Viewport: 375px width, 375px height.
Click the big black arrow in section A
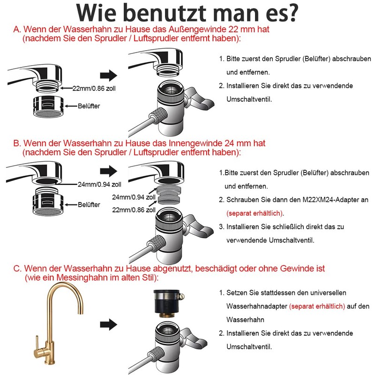108,75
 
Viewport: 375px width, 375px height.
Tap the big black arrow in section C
108,323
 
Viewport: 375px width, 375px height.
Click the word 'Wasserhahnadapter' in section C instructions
256,306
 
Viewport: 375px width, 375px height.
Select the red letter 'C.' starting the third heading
17,269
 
